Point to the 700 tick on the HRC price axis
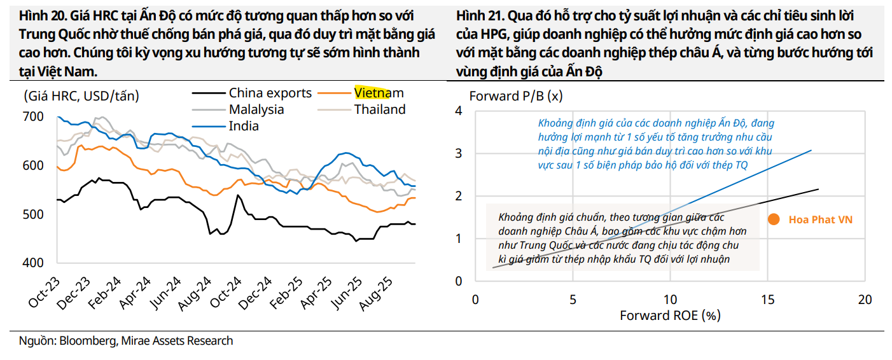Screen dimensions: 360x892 coord(33,116)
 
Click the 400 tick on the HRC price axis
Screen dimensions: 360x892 coord(33,263)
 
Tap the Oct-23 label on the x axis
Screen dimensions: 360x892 coord(44,293)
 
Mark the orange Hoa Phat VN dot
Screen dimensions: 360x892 coord(774,219)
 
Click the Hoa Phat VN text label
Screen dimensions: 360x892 coord(820,219)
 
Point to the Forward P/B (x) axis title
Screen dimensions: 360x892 coord(516,97)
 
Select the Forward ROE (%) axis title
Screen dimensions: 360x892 coord(670,315)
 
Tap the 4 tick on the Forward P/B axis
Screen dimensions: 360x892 coord(458,111)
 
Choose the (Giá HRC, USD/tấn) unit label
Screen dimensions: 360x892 coord(81,97)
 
